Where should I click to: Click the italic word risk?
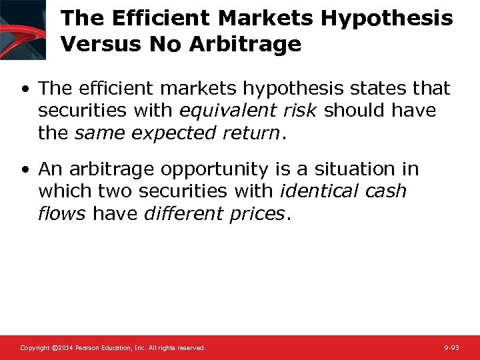(301, 111)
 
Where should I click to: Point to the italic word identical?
(320, 192)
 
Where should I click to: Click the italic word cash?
(386, 192)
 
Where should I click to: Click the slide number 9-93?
(451, 348)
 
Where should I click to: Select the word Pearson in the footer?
(89, 348)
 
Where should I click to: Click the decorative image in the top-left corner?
(23, 29)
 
